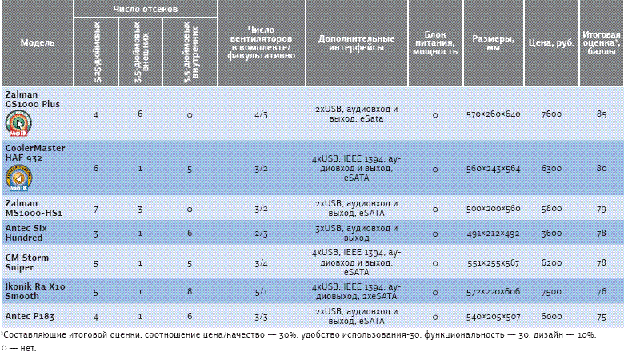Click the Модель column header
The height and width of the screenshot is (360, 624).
37,42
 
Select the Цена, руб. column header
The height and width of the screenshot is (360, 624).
551,42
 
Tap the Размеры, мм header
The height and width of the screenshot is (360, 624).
493,42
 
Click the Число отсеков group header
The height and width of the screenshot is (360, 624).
145,9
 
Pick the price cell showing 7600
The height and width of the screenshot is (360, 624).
551,114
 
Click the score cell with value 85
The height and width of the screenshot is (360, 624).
601,114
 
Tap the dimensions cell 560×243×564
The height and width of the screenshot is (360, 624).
493,169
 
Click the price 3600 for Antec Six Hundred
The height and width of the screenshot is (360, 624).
551,234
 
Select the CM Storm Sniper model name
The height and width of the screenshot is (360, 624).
27,262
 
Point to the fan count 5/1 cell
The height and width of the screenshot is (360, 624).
261,291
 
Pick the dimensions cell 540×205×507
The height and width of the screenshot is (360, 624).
493,316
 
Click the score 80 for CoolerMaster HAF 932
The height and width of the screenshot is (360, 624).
601,169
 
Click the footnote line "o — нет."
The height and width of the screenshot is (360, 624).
19,348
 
